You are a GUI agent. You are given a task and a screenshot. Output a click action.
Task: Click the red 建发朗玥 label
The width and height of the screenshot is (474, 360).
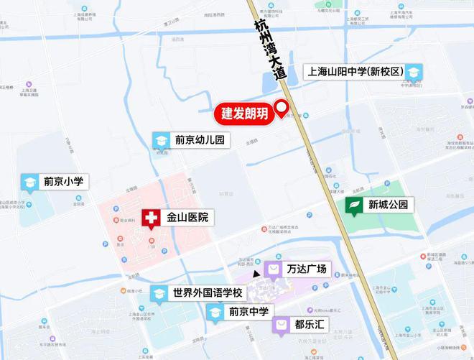click(x=244, y=114)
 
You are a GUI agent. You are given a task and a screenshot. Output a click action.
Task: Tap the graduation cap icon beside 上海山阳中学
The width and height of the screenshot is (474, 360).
click(x=414, y=72)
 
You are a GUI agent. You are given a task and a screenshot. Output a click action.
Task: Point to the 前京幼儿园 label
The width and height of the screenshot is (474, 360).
click(x=200, y=141)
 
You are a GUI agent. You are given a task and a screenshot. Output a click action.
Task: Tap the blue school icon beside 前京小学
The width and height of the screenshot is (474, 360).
click(x=29, y=183)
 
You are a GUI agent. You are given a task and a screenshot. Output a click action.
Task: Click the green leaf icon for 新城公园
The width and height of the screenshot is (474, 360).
click(x=355, y=206)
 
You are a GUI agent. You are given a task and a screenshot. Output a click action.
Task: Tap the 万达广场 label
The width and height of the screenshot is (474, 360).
click(x=307, y=269)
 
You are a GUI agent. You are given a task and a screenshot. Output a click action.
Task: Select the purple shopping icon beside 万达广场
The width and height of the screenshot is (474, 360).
click(x=274, y=269)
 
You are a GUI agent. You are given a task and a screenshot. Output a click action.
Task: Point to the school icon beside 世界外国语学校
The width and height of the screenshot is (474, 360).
click(x=159, y=293)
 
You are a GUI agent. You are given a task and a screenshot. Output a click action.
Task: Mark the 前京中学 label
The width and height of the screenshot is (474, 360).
click(x=248, y=312)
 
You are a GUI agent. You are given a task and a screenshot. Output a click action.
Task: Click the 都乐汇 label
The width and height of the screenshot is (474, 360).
click(x=310, y=325)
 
